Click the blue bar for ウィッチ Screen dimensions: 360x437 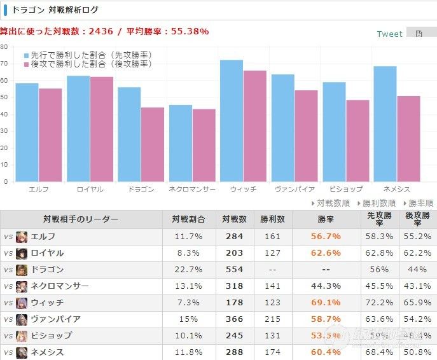pos(232,121)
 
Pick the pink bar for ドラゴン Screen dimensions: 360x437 pos(153,144)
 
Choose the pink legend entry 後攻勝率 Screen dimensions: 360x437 pos(88,64)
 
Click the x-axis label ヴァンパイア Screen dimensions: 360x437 pos(295,190)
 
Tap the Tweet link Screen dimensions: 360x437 pos(389,34)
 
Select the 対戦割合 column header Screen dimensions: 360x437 pos(189,219)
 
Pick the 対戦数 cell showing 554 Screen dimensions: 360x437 pos(234,269)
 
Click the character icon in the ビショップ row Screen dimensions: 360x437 pos(22,335)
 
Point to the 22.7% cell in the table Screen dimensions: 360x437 pos(189,269)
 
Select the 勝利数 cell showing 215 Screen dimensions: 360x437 pos(272,319)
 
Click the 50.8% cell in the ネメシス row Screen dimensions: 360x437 pos(417,352)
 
